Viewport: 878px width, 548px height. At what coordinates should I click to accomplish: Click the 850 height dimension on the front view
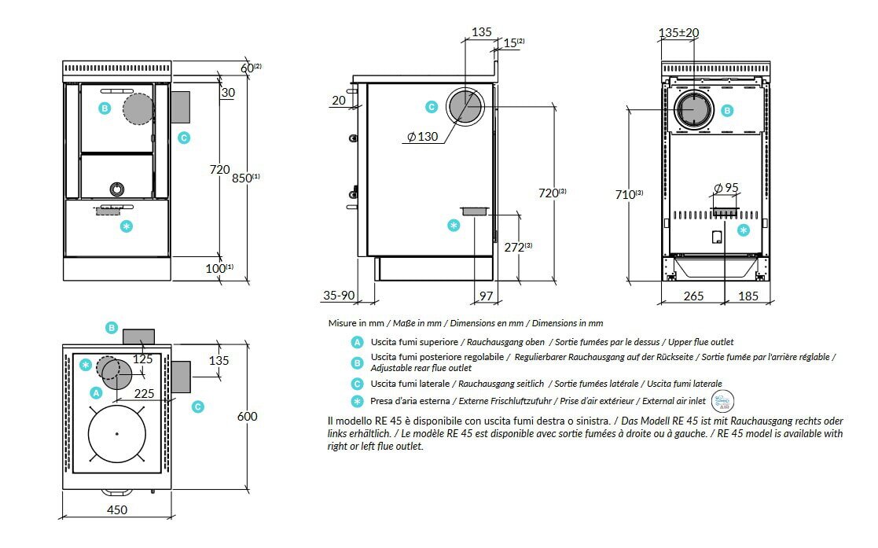point(238,178)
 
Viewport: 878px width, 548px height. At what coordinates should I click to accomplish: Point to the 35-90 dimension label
point(339,296)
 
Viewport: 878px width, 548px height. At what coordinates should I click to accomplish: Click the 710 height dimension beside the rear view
point(627,194)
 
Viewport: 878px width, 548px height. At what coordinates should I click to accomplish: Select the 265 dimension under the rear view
point(693,296)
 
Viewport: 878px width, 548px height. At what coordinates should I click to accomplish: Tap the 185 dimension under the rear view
point(748,296)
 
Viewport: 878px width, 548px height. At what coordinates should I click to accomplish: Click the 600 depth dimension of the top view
point(247,416)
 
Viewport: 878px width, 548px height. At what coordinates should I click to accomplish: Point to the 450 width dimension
point(116,509)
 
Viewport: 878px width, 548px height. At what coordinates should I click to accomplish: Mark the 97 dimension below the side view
point(485,296)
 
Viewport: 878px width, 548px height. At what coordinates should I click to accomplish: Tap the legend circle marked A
point(358,342)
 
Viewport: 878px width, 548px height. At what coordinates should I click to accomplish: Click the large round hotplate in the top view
point(116,434)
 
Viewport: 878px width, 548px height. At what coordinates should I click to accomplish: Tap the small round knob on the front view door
point(116,189)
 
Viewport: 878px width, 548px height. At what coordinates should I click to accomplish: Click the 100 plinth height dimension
point(216,269)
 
